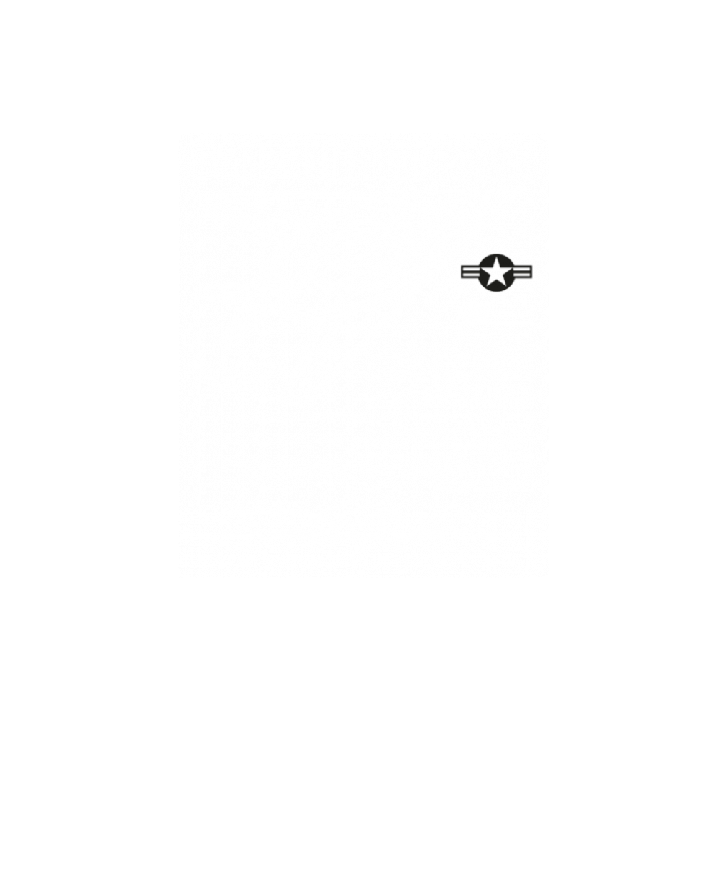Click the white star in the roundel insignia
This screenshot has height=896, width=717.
(x=495, y=273)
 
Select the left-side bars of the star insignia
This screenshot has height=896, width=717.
(x=470, y=273)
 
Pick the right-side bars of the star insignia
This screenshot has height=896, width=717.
(x=521, y=273)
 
